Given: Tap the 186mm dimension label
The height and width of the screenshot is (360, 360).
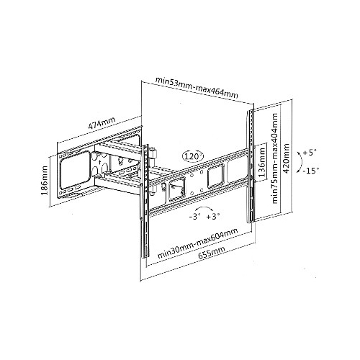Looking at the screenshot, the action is pos(45,180).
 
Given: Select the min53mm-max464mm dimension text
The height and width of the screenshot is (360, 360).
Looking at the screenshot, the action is pos(197,88).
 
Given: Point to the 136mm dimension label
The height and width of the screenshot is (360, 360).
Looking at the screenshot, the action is pos(262,162).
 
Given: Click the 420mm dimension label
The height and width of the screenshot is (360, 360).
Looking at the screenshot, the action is pos(287,158).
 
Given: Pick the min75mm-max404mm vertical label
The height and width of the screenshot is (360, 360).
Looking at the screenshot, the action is pos(275,158).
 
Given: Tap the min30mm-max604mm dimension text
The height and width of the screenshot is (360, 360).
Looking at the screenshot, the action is pos(197,243).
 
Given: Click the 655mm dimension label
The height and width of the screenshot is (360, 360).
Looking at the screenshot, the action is pos(212,253).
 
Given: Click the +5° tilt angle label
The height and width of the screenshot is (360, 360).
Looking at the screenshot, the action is pos(310,153).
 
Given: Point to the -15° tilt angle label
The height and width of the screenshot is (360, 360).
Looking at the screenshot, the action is pos(311,171).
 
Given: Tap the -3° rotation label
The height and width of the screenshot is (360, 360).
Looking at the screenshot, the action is pos(194,217).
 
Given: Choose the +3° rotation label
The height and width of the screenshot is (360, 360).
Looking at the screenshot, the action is pos(213,217).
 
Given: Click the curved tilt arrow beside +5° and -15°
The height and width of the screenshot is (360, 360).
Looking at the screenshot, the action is pos(300,162).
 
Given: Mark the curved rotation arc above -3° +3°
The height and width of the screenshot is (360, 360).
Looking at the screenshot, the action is pos(204,207).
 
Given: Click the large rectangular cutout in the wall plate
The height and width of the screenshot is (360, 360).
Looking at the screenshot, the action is pos(75,170).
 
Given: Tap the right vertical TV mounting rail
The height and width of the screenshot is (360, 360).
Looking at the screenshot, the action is pos(251,166).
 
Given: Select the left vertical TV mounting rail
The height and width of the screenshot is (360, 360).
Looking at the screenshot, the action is pos(145,202).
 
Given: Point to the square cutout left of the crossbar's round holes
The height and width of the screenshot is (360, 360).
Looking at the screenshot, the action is pos(177,189).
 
